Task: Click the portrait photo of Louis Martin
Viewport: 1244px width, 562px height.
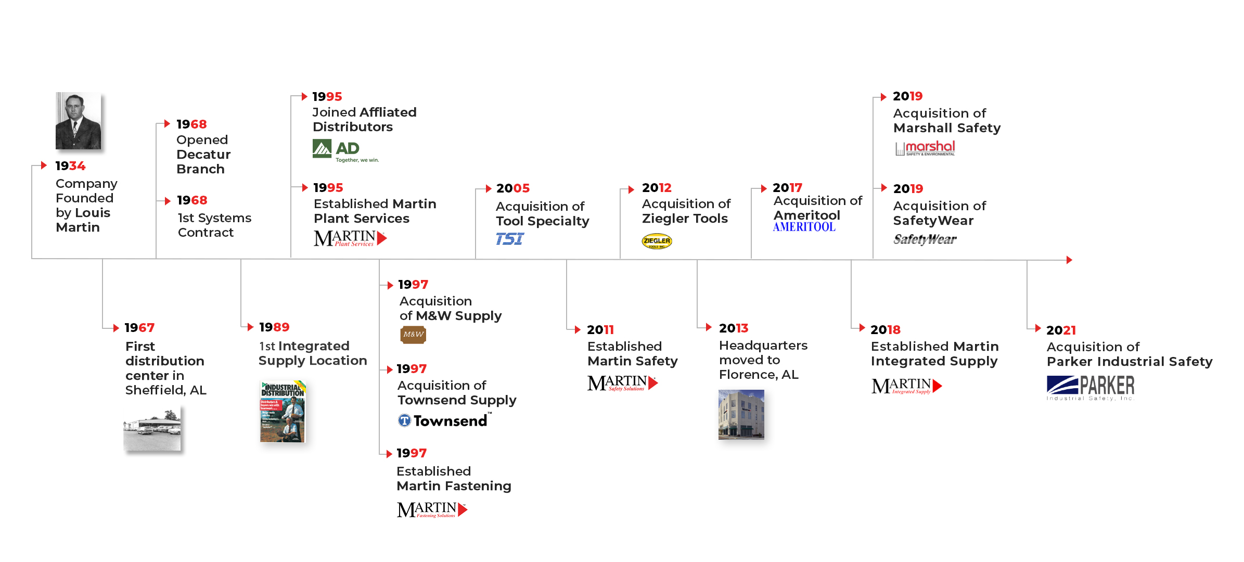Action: pos(78,121)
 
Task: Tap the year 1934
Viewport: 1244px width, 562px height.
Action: pos(70,166)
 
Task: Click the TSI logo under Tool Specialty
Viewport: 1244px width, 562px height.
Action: pos(510,239)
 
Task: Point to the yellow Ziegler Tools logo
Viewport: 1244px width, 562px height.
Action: pos(657,241)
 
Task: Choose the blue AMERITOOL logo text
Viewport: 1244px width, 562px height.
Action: pos(804,227)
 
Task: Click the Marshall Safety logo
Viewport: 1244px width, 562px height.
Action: pos(925,148)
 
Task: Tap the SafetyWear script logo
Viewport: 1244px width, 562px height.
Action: pos(925,239)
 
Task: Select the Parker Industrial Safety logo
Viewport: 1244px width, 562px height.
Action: pos(1091,388)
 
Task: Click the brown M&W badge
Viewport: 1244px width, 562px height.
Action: pos(413,335)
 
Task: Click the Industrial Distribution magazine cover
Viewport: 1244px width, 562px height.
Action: pos(283,411)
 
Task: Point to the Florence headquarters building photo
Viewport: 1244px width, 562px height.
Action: pos(741,414)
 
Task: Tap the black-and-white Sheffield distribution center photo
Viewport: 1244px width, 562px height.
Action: pos(152,428)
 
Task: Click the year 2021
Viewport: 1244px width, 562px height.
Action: pos(1061,330)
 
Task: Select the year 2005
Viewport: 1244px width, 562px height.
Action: pos(512,188)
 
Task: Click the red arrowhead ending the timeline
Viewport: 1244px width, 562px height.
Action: pos(1069,260)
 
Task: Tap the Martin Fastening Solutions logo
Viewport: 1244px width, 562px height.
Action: pos(432,509)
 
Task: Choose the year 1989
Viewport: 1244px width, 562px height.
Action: pos(274,327)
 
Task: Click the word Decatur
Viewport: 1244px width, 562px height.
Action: pos(203,155)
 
